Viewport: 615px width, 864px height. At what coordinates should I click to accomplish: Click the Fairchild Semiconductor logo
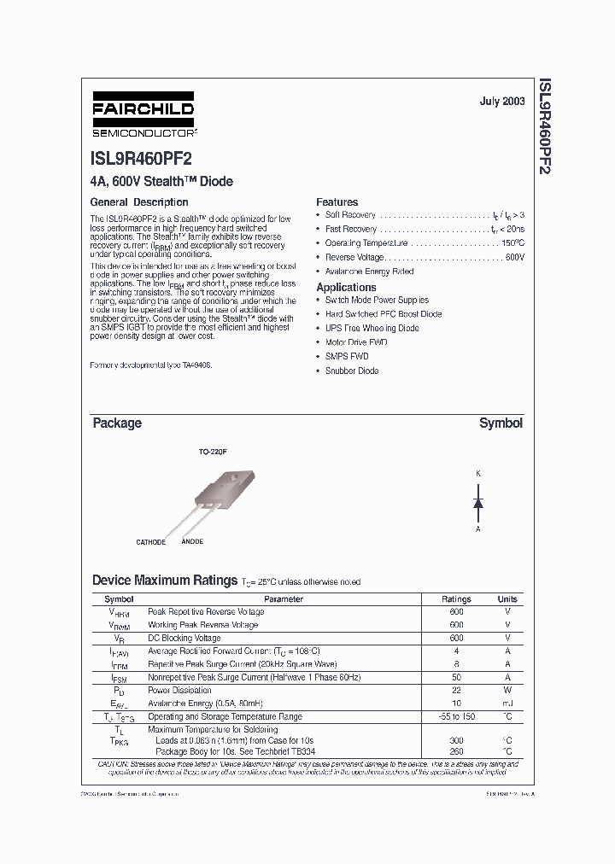coord(143,115)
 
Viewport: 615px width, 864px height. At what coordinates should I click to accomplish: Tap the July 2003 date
coord(501,102)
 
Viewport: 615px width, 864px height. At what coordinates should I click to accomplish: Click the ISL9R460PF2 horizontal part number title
coord(141,160)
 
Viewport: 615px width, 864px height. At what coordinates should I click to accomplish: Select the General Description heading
coord(139,202)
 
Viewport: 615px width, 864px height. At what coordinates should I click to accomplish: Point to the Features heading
coord(337,202)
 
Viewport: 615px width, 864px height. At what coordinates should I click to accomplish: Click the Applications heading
coord(346,288)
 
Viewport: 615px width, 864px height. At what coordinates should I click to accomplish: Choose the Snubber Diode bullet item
coord(351,371)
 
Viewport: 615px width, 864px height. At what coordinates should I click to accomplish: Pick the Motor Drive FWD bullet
coord(355,342)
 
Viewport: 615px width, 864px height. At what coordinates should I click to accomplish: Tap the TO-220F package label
coord(213,452)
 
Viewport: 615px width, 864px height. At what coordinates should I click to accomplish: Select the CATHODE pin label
coord(151,542)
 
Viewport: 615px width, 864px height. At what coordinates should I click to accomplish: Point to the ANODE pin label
coord(192,542)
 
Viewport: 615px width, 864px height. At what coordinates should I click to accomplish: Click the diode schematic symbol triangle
coord(478,503)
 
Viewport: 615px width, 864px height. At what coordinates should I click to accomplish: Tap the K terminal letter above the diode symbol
coord(478,474)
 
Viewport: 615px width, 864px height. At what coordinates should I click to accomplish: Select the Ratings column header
coord(456,599)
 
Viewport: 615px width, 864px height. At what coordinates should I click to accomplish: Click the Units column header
coord(507,599)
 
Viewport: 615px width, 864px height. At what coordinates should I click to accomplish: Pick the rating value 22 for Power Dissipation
coord(456,691)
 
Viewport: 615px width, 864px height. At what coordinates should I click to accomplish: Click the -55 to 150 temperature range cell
coord(456,717)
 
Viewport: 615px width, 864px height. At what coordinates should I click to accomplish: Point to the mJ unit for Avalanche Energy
coord(507,703)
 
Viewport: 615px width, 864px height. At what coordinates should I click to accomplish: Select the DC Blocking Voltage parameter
coord(184,638)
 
